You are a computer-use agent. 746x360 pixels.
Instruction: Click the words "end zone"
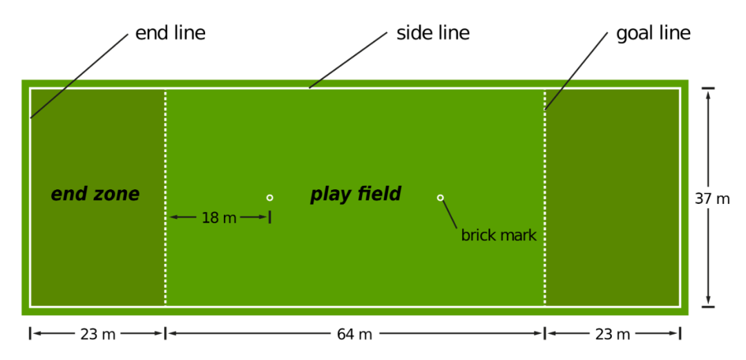click(95, 195)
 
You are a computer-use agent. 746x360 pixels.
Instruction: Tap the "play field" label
click(355, 195)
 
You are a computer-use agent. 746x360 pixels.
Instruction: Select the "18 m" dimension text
click(219, 218)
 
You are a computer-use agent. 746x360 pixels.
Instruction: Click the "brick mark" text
click(498, 236)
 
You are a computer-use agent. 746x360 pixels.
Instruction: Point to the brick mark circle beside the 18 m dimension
click(269, 198)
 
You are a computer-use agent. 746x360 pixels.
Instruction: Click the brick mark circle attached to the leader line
click(440, 198)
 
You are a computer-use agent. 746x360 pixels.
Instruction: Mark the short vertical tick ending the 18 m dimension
click(269, 217)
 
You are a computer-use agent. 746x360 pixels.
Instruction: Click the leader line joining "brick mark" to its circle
click(450, 214)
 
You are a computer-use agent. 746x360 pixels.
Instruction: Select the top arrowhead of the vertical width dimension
click(708, 95)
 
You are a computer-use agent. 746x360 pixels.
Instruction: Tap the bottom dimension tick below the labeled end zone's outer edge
click(30, 333)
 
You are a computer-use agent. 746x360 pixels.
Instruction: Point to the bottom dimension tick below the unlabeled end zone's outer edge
click(680, 333)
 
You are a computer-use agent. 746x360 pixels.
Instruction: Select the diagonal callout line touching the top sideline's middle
click(348, 60)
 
